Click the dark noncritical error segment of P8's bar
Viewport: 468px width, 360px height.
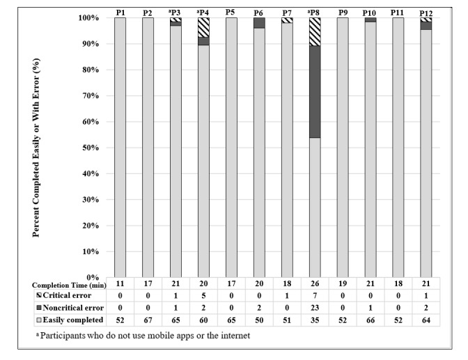point(315,91)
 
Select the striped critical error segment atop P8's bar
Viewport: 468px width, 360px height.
point(315,31)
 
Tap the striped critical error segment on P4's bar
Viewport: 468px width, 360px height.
point(203,26)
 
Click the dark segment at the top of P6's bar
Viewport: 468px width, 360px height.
point(259,22)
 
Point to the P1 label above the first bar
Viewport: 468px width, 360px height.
point(120,13)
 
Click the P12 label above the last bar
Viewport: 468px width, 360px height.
point(426,13)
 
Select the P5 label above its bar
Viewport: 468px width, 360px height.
point(231,13)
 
